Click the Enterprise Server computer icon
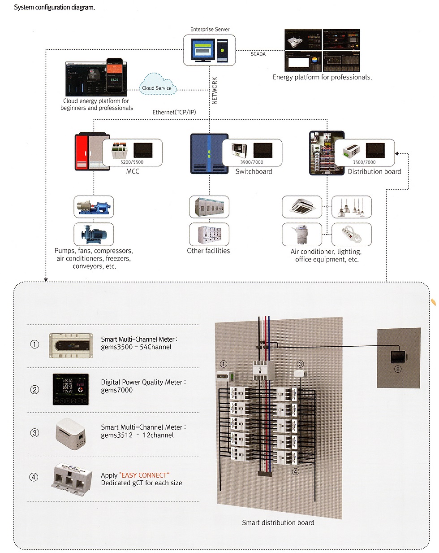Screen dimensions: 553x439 (x=210, y=51)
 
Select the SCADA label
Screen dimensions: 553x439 (x=258, y=54)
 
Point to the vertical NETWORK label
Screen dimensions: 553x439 (x=215, y=91)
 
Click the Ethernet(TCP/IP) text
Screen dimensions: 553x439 (x=174, y=112)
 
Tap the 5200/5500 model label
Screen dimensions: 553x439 (x=132, y=162)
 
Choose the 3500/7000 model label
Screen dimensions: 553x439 (x=364, y=162)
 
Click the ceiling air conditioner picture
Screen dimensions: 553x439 (x=301, y=207)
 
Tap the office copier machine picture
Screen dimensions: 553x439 (x=301, y=234)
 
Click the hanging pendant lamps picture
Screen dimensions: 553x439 (x=351, y=207)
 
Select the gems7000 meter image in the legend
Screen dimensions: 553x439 (x=70, y=389)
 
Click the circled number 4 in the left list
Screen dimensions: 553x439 (x=34, y=477)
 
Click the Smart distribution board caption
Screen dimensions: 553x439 (x=278, y=523)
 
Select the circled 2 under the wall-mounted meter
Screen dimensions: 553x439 (x=397, y=369)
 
